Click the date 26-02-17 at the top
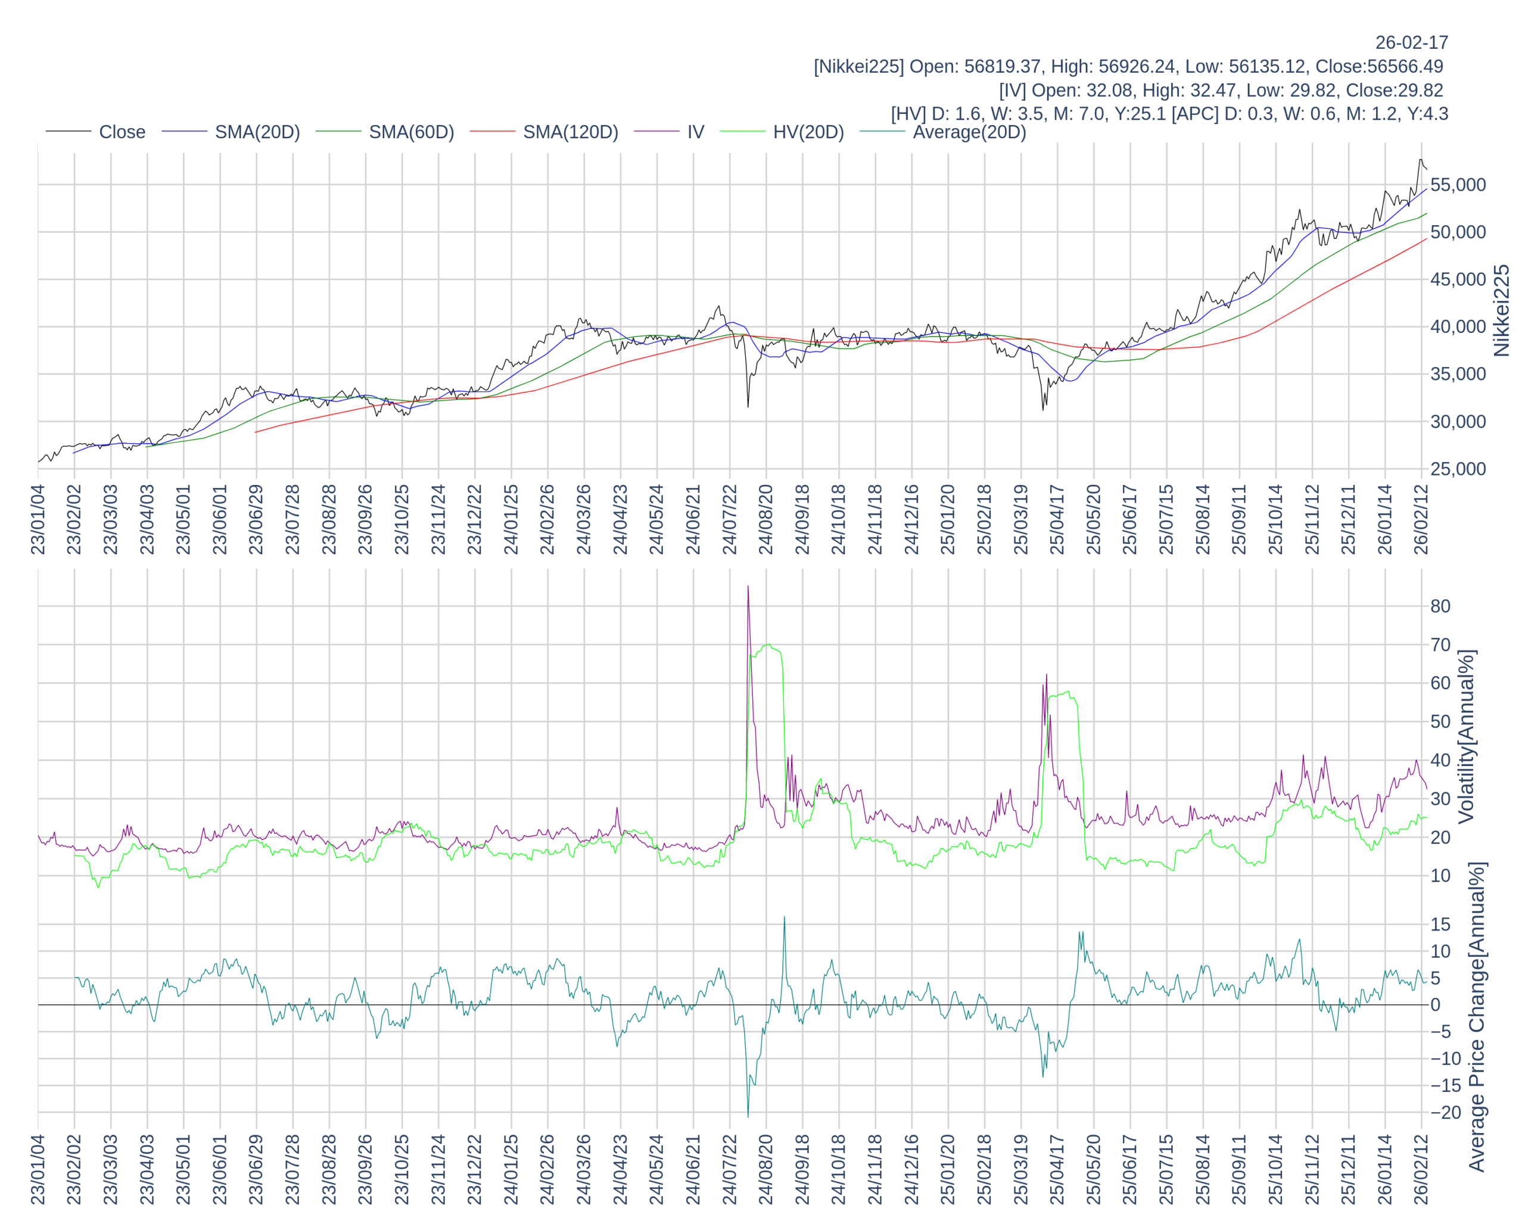click(1411, 42)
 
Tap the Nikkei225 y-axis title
click(1501, 310)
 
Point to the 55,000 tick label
click(1458, 185)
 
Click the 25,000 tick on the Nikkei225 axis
click(1458, 469)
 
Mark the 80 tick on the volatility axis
click(1440, 606)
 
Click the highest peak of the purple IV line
click(748, 586)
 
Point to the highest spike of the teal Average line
click(785, 917)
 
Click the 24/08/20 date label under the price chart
click(766, 520)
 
